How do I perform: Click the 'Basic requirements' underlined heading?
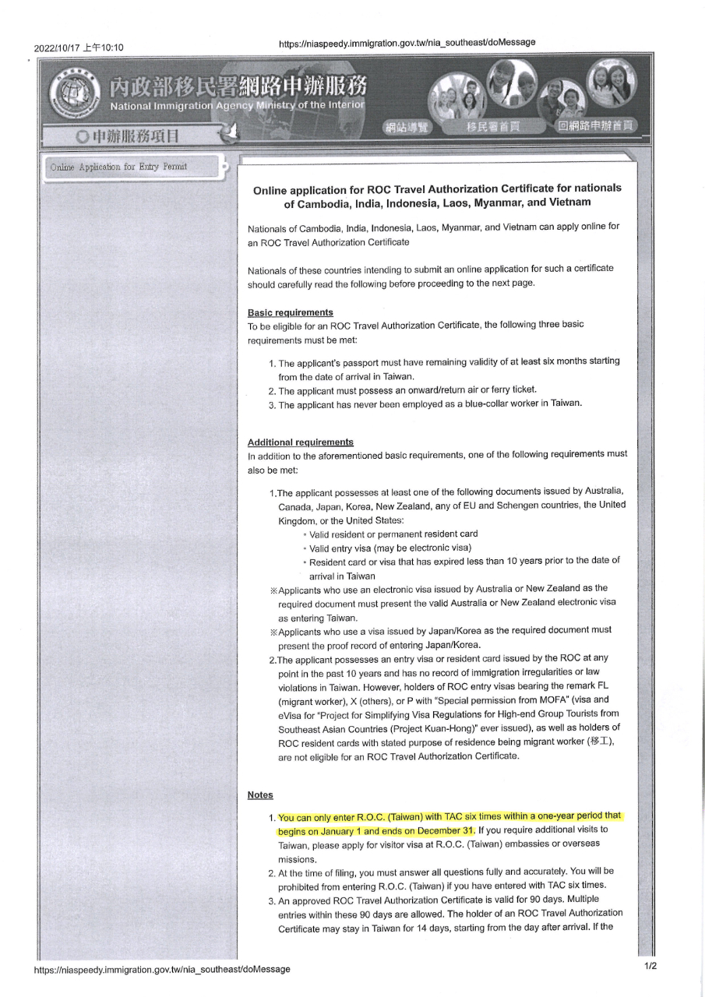tap(290, 312)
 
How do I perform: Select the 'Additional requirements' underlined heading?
tap(300, 442)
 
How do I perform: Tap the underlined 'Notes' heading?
tap(260, 794)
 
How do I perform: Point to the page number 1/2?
tap(650, 966)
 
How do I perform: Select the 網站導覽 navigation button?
tap(407, 128)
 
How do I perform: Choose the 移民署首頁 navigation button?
tap(492, 127)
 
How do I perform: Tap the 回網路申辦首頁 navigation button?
tap(596, 126)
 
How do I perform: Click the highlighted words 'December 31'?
tap(444, 830)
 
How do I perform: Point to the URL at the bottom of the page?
tap(162, 969)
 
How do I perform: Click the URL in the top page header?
tap(407, 42)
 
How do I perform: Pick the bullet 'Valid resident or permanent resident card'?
tap(393, 534)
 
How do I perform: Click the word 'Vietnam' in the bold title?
tap(566, 203)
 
